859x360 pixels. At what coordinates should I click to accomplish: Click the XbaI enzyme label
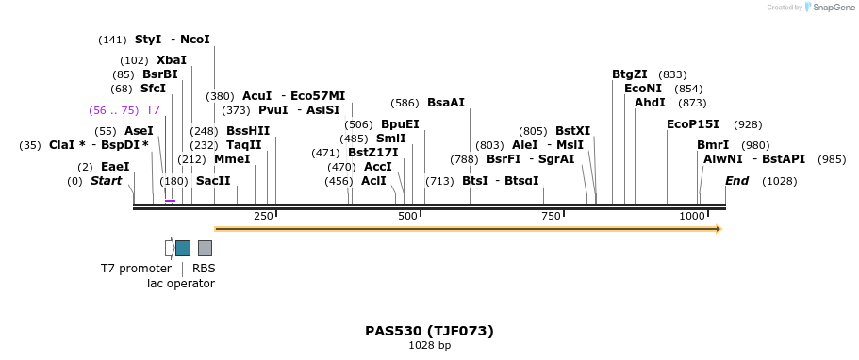(172, 60)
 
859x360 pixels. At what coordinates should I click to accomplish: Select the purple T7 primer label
(153, 110)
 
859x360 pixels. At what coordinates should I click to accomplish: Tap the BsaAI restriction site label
(445, 103)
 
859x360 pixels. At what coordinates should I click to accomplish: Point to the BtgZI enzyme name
(630, 74)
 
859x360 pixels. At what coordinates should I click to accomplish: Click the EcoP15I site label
(692, 124)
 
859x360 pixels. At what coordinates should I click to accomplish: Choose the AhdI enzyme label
(650, 103)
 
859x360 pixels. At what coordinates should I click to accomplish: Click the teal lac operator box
(183, 248)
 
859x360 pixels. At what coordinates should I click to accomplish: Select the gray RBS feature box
(205, 248)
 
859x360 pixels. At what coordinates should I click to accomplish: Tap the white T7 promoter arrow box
(169, 248)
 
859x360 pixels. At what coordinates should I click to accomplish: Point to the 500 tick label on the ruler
(407, 217)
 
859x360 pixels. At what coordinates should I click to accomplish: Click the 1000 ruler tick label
(692, 217)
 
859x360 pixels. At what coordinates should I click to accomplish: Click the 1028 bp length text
(429, 346)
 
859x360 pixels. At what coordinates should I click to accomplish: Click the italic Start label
(106, 181)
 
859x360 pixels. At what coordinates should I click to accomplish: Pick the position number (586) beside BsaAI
(405, 103)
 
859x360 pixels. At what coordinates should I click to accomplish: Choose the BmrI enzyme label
(712, 145)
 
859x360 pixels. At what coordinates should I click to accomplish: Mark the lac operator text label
(181, 284)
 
